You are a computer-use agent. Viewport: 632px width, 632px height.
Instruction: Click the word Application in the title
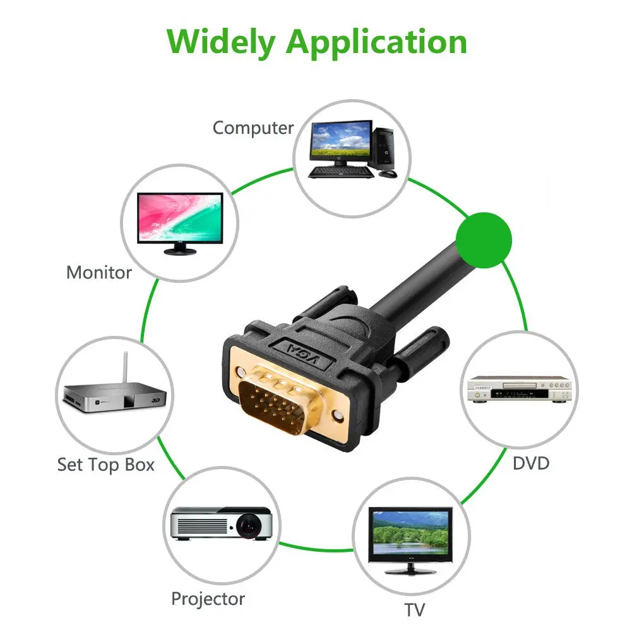(x=376, y=43)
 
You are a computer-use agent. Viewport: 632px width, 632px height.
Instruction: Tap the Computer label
(x=253, y=128)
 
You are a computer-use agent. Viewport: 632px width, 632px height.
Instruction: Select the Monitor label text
(x=99, y=273)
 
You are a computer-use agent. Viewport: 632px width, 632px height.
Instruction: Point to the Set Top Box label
(x=105, y=465)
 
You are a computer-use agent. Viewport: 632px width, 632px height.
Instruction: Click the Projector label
(x=208, y=598)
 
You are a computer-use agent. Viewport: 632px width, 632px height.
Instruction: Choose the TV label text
(x=414, y=610)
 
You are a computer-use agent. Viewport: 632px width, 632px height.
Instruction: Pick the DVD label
(x=530, y=463)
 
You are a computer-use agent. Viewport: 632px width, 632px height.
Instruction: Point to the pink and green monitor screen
(x=181, y=217)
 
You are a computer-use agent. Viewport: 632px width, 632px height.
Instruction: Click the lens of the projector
(x=250, y=523)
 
